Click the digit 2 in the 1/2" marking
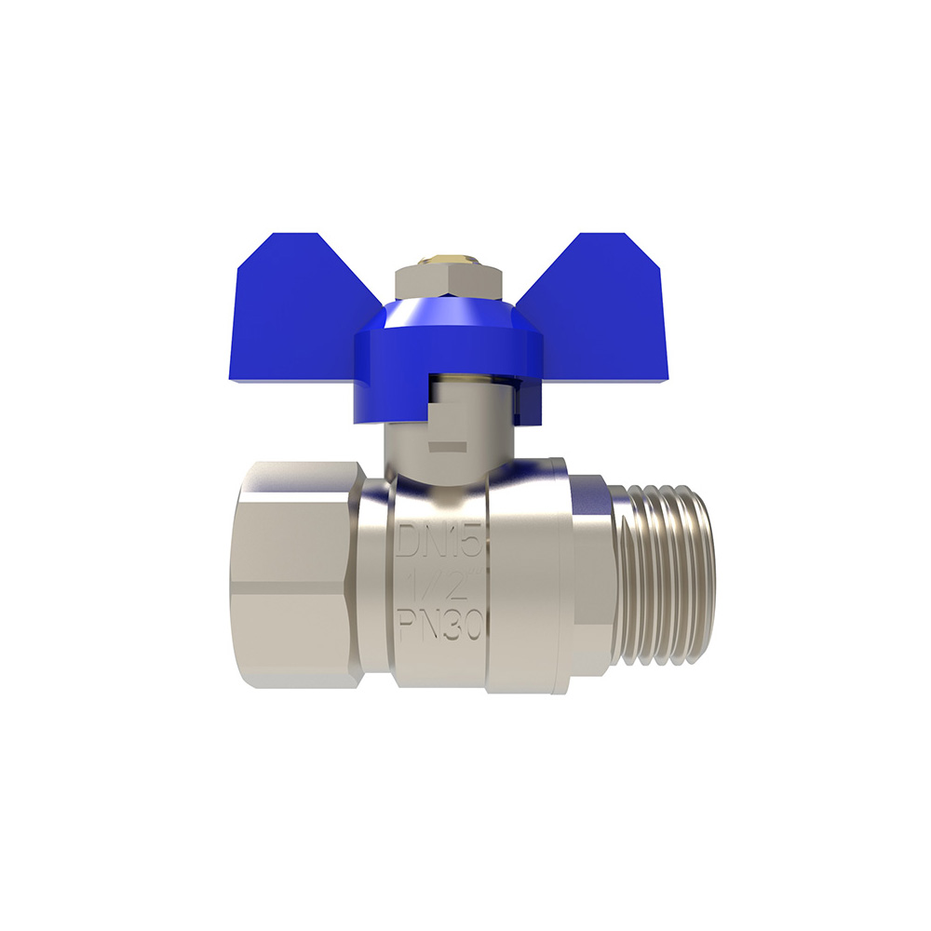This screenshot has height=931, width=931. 452,587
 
